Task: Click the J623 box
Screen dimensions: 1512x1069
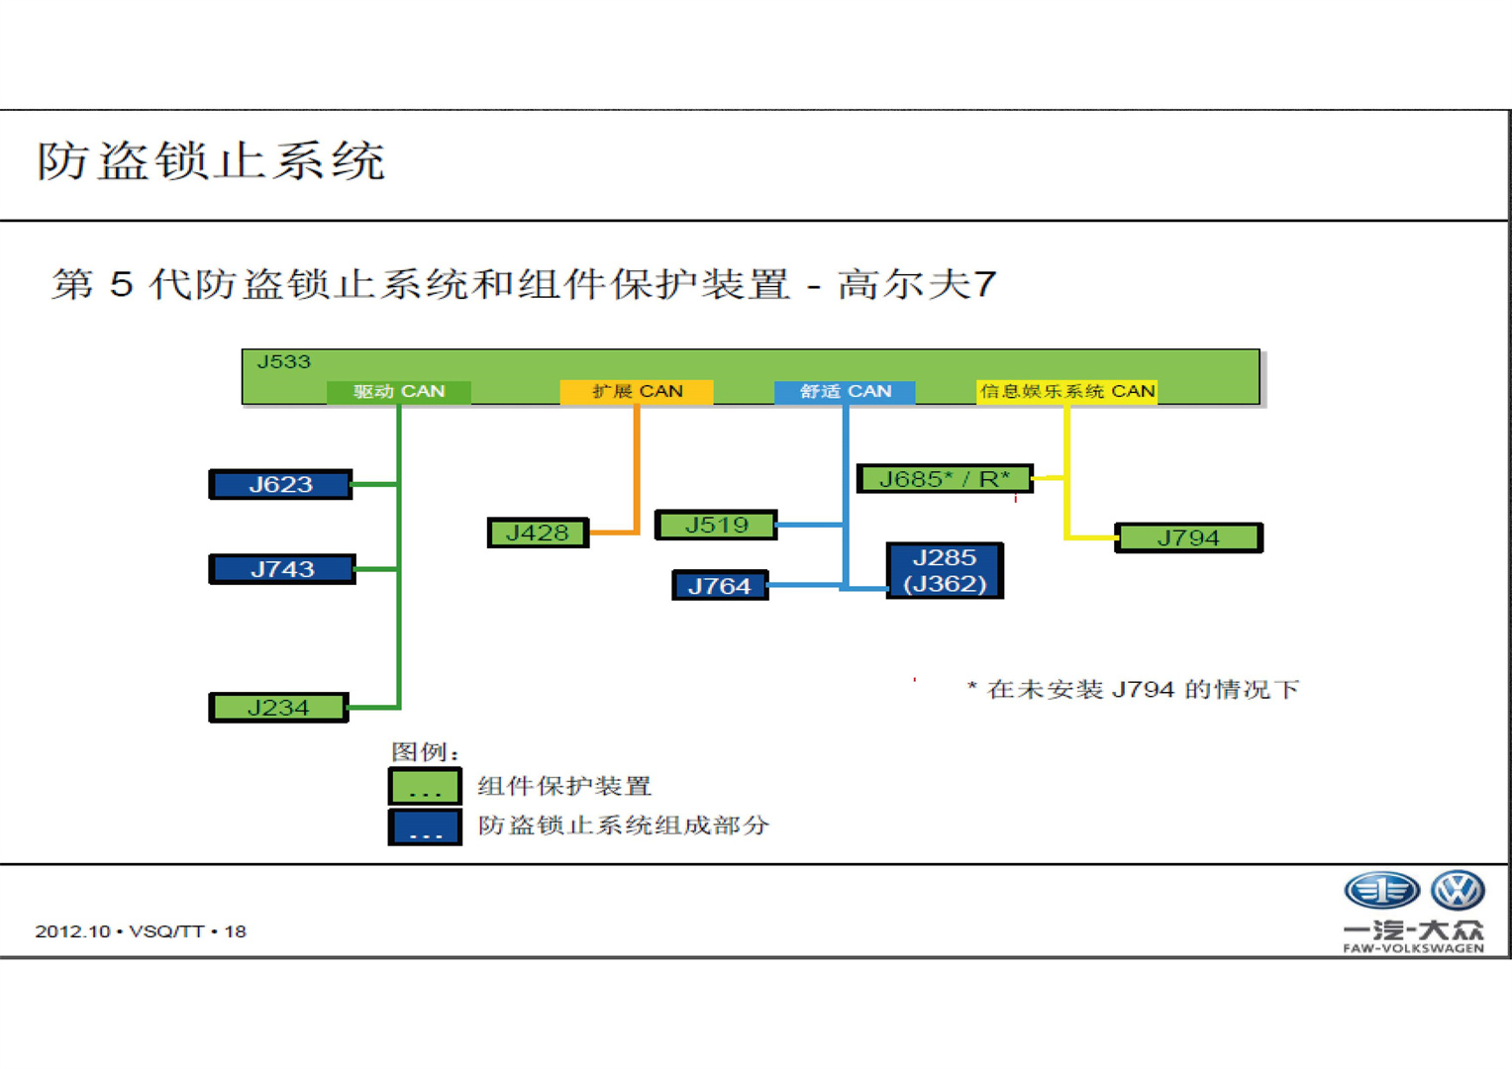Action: click(280, 485)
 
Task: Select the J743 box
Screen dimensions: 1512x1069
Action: click(282, 569)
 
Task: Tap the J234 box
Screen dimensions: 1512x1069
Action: click(279, 708)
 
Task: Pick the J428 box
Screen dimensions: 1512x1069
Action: click(538, 533)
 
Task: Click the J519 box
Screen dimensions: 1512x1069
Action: click(716, 525)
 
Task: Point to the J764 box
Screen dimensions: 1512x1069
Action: click(720, 585)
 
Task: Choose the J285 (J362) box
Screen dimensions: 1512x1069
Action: click(945, 570)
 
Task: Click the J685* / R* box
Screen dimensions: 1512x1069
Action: click(945, 478)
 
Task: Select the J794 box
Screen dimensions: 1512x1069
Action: click(1188, 537)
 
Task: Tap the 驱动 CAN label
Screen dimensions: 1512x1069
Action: click(399, 391)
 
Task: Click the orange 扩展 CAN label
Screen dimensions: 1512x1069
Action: click(637, 391)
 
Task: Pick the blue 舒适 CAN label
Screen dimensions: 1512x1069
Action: click(845, 391)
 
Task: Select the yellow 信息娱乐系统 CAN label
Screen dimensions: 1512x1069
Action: click(1066, 391)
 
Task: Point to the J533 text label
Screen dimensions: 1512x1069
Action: click(283, 361)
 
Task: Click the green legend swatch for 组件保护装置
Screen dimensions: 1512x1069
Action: click(425, 786)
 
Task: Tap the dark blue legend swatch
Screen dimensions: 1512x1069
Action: click(425, 826)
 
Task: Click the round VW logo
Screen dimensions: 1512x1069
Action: click(1458, 890)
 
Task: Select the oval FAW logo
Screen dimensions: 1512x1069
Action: click(1381, 890)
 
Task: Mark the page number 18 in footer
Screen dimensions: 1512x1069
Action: click(235, 932)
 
